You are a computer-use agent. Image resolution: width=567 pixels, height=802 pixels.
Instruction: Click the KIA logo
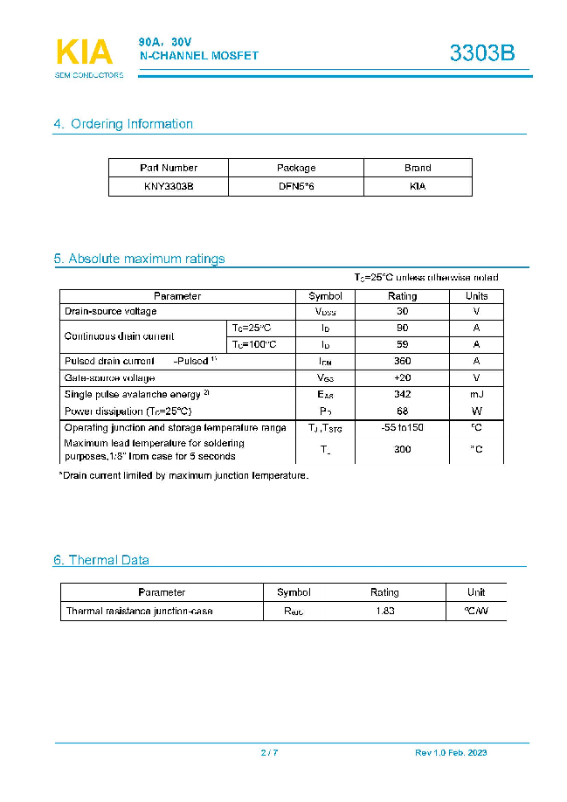coord(85,53)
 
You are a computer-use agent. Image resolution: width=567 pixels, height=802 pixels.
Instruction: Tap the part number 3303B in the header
coord(482,53)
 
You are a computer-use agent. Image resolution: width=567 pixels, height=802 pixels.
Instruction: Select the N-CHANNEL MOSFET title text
coord(200,56)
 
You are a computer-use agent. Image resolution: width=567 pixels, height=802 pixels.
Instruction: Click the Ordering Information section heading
coord(123,124)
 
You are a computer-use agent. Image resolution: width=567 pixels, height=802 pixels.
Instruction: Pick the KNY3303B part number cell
coord(169,187)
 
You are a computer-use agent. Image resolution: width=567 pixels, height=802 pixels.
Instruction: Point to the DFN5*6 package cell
coord(296,187)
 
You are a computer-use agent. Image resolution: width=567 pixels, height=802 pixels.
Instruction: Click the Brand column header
coord(418,168)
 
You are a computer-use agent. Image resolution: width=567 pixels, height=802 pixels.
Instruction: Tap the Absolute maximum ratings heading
coord(139,259)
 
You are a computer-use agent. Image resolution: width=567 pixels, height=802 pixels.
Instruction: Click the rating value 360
coord(403,361)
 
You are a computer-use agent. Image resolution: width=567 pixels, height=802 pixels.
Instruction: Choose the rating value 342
coord(403,394)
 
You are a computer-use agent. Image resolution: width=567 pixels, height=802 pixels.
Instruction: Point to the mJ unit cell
coord(476,394)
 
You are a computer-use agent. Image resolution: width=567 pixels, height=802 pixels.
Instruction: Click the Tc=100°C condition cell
coord(252,344)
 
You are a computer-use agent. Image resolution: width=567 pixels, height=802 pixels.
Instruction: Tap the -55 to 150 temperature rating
coord(403,427)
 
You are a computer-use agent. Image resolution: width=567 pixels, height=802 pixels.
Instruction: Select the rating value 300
coord(403,449)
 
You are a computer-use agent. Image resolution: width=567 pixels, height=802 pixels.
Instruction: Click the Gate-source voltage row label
coord(110,377)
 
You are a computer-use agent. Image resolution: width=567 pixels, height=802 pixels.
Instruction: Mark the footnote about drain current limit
coord(183,476)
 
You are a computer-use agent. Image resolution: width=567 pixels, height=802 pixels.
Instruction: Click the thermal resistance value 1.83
coord(385,611)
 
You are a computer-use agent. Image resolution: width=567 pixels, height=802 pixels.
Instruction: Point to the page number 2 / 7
coord(269,753)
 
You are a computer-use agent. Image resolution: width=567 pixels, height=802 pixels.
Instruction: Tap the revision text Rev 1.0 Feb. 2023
coord(451,753)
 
